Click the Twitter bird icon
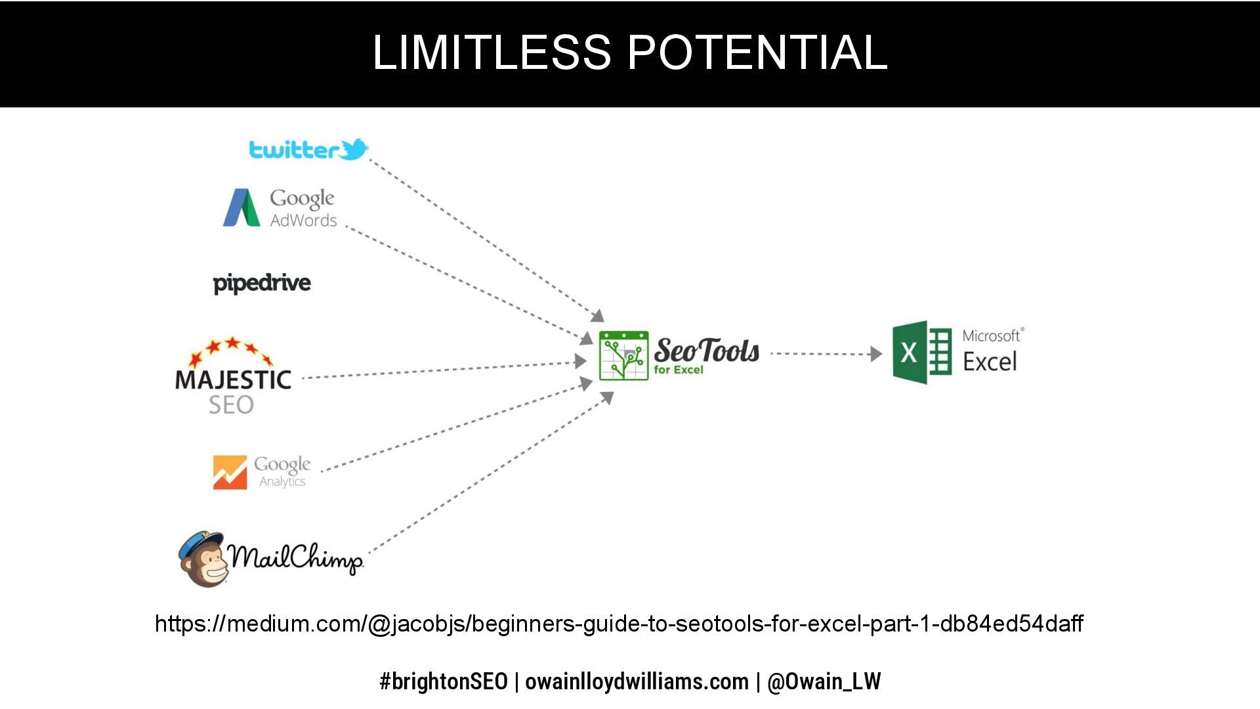point(354,149)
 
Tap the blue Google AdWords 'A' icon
point(241,208)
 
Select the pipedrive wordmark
point(262,283)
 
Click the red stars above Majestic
point(231,350)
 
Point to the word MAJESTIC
point(233,379)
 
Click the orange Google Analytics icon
point(230,472)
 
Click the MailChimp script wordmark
point(295,558)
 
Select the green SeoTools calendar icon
point(623,356)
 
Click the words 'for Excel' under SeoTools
point(679,370)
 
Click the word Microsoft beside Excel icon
point(991,336)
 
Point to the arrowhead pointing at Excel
point(876,354)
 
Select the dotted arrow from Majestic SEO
point(440,370)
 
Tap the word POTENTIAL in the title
point(757,53)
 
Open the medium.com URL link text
point(619,623)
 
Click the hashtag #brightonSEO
point(444,681)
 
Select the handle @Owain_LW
point(824,681)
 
